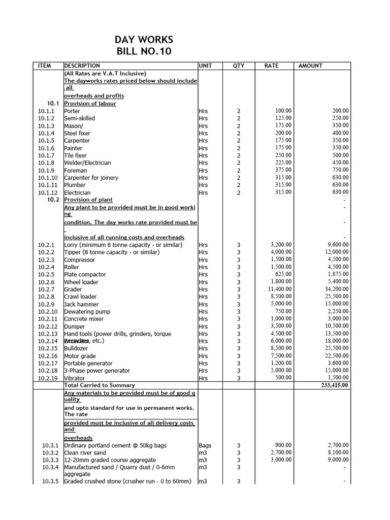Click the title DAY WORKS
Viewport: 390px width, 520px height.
(x=145, y=40)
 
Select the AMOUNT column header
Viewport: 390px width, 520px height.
(x=310, y=66)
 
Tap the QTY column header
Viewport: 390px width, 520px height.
(x=239, y=66)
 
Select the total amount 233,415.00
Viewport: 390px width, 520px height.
(x=333, y=385)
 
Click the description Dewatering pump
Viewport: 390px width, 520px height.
(x=87, y=312)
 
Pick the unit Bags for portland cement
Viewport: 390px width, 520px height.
(x=205, y=445)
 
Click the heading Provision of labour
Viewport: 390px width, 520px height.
(x=90, y=104)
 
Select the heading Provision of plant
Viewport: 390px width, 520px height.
(x=88, y=200)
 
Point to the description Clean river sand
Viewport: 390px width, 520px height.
(x=85, y=453)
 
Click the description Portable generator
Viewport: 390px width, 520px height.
(x=89, y=364)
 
